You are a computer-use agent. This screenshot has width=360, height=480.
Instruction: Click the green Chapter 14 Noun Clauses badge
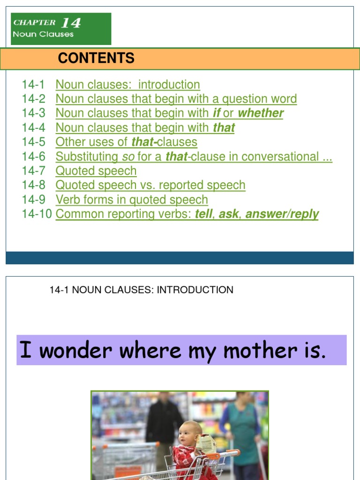[61, 29]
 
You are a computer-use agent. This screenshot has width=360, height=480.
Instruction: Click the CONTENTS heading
[96, 58]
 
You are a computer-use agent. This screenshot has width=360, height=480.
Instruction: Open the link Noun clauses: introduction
[127, 85]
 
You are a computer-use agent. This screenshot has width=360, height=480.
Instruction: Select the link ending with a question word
[176, 99]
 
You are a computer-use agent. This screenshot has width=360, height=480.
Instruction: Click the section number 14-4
[33, 127]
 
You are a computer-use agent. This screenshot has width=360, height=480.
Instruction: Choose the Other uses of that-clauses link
[126, 142]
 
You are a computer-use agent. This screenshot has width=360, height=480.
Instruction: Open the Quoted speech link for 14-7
[96, 171]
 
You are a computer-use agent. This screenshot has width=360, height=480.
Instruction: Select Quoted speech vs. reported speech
[150, 185]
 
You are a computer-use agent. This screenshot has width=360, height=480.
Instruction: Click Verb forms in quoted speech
[131, 200]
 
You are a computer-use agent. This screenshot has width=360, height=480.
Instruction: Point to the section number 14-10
[37, 214]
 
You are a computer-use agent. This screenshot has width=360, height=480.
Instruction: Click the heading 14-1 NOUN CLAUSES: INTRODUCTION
[141, 290]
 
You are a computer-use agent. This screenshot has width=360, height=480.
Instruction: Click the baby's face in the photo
[189, 435]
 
